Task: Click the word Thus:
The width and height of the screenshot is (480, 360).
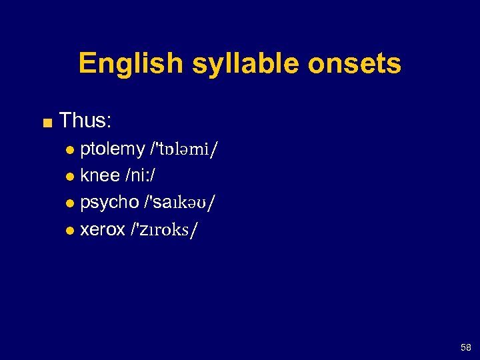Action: pyautogui.click(x=85, y=121)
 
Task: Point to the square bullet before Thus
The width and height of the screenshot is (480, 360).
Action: pyautogui.click(x=46, y=122)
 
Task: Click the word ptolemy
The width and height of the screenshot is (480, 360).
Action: pyautogui.click(x=112, y=149)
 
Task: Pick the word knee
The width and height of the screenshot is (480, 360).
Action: pyautogui.click(x=99, y=176)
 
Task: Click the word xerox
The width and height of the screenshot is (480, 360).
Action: pyautogui.click(x=103, y=229)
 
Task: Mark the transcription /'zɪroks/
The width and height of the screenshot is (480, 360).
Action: pyautogui.click(x=165, y=230)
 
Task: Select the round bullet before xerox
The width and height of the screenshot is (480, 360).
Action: pyautogui.click(x=71, y=231)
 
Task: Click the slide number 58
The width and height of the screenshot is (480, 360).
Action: pyautogui.click(x=465, y=347)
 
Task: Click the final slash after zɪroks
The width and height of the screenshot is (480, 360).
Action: pyautogui.click(x=194, y=230)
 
